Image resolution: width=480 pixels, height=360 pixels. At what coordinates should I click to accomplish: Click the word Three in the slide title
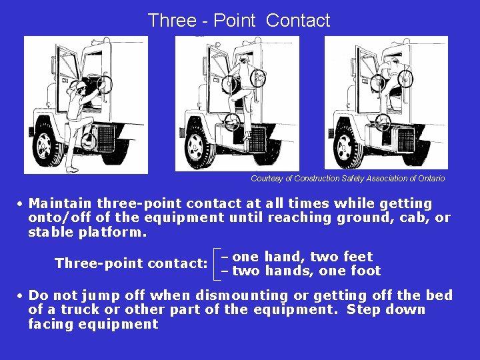[x=170, y=21]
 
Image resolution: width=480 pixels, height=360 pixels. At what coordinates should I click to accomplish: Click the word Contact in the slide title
[x=298, y=21]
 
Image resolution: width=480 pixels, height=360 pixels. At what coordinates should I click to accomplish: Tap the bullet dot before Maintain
[x=21, y=204]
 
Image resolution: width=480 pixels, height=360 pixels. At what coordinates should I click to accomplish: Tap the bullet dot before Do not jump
[x=21, y=296]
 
